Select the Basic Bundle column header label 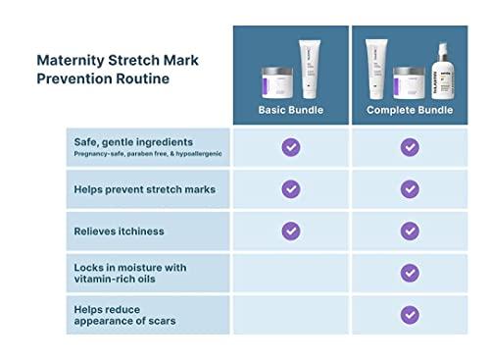(x=290, y=110)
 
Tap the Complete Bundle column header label (x=410, y=110)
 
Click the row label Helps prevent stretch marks (x=144, y=187)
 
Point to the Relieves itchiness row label (x=119, y=231)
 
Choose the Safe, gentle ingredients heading (x=132, y=141)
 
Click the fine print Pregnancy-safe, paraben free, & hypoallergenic (x=147, y=154)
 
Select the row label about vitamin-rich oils (x=129, y=274)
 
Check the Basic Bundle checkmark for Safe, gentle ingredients (x=290, y=147)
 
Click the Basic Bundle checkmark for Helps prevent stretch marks (x=290, y=188)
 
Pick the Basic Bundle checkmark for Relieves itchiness (x=290, y=231)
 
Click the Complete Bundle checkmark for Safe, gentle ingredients (x=410, y=147)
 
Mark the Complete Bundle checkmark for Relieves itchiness (x=410, y=231)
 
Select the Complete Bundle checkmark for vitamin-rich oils (x=410, y=273)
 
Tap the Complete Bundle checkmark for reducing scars (x=410, y=315)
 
